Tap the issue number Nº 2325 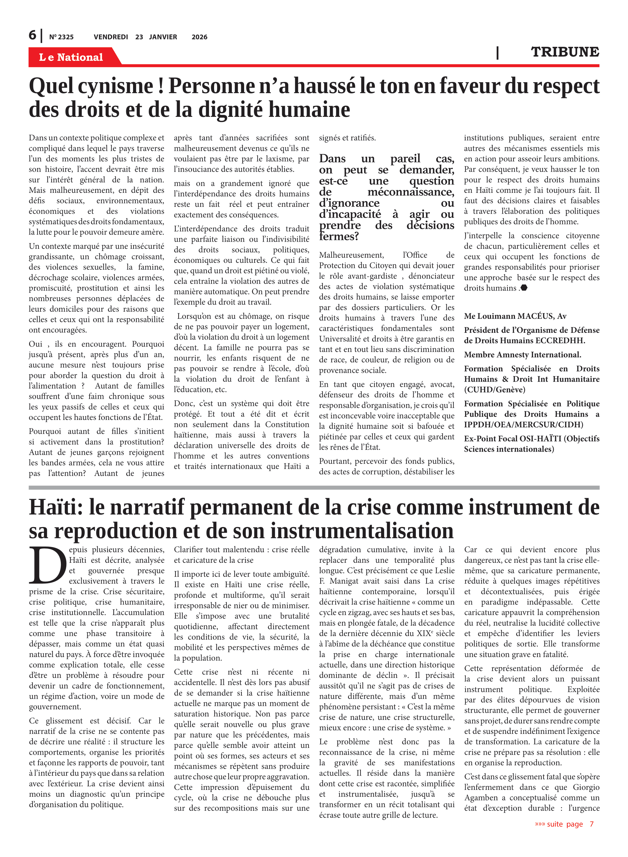[61, 37]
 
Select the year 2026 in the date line [199, 37]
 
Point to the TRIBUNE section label [565, 52]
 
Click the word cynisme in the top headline [115, 86]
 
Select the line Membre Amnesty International [522, 355]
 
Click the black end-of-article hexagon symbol [524, 288]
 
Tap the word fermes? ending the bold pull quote [339, 237]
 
